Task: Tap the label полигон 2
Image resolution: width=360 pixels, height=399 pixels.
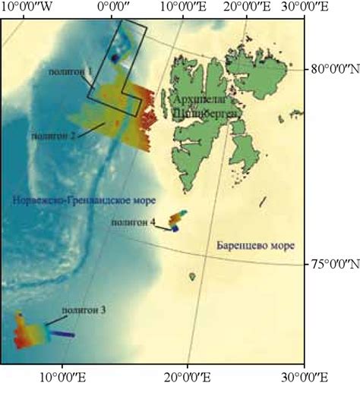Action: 53,136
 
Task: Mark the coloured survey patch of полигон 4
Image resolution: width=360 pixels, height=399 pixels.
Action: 177,221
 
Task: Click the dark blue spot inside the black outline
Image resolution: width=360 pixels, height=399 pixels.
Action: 115,58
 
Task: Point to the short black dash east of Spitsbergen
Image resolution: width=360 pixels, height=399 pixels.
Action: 264,201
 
